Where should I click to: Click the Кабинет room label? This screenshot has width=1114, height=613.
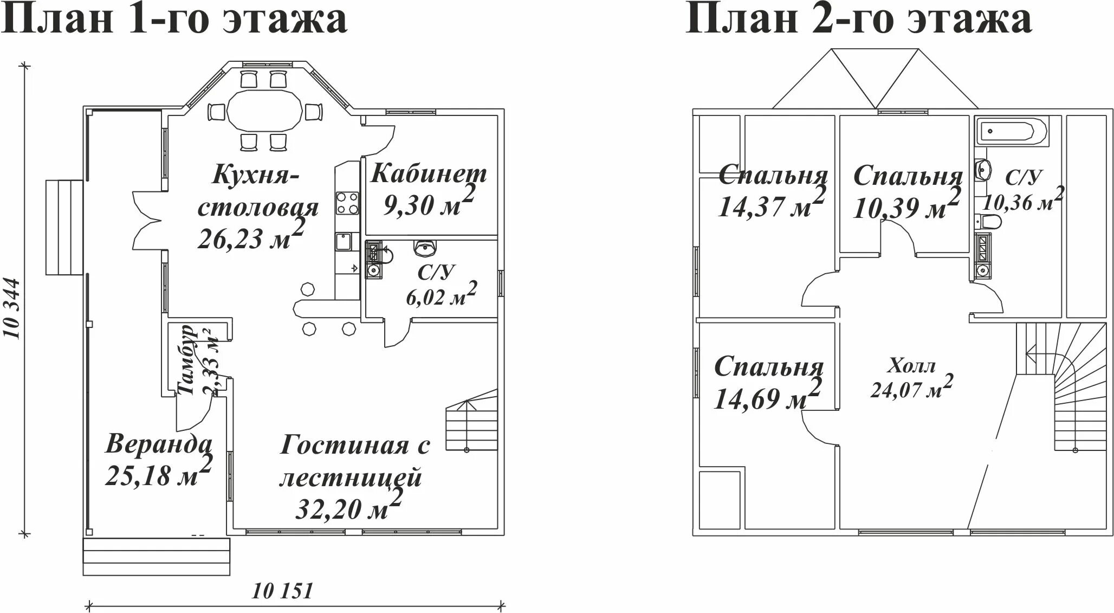click(x=429, y=174)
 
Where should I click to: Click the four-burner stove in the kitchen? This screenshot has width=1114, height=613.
click(x=347, y=203)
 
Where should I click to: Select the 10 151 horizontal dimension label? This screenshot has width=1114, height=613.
click(x=282, y=591)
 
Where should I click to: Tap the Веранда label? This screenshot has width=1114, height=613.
click(x=158, y=444)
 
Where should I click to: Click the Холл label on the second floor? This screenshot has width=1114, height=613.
click(x=911, y=366)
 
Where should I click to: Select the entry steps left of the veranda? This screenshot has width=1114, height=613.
click(x=64, y=228)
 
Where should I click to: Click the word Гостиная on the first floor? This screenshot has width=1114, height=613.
click(x=344, y=446)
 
